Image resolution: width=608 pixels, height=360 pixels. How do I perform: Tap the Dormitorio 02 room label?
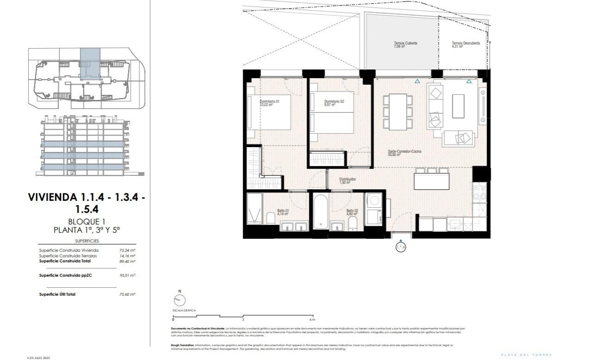click(334, 101)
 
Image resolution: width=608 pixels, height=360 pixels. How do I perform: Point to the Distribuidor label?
click(347, 179)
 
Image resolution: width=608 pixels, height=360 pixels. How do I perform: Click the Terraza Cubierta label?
click(405, 43)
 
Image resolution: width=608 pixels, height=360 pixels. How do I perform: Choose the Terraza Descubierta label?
click(466, 43)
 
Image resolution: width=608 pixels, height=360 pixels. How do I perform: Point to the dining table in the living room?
click(398, 112)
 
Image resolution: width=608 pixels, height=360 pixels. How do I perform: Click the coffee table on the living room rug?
click(458, 106)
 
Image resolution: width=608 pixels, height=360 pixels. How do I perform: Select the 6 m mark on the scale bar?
click(313, 319)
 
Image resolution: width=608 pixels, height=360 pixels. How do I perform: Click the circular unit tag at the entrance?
click(400, 248)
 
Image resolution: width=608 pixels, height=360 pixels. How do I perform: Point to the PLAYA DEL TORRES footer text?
click(526, 354)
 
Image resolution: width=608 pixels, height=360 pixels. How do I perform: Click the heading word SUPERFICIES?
click(87, 241)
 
